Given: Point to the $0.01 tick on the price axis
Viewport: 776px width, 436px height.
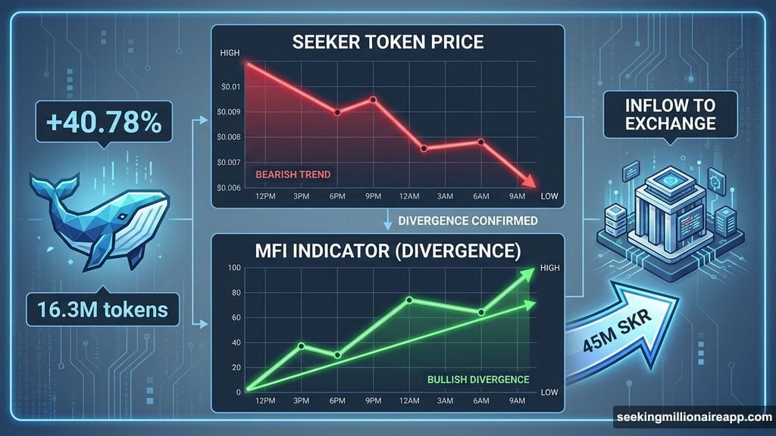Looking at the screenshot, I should pyautogui.click(x=228, y=87).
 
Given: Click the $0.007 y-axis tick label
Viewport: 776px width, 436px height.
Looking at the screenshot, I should pyautogui.click(x=227, y=162).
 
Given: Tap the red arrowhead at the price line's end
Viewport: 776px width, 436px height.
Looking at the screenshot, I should pyautogui.click(x=531, y=182).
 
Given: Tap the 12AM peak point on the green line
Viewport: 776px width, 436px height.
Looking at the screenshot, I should pyautogui.click(x=409, y=300).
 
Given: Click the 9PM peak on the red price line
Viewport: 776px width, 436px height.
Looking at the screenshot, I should pyautogui.click(x=373, y=99).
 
